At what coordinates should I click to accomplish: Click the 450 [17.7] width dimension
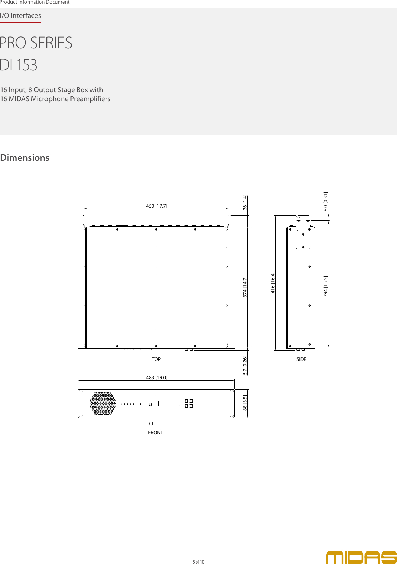(x=157, y=206)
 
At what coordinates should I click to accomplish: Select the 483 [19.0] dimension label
(x=157, y=377)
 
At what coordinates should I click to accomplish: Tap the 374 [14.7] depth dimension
(x=245, y=287)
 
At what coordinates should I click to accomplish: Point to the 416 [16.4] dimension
(x=273, y=283)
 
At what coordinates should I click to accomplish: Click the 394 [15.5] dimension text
(x=325, y=286)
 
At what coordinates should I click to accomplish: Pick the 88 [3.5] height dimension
(x=245, y=402)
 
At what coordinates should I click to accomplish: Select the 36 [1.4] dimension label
(x=245, y=202)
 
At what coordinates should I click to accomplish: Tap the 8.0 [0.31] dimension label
(x=325, y=202)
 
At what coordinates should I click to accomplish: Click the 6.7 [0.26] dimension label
(x=245, y=365)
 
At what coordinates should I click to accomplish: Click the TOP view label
(x=156, y=359)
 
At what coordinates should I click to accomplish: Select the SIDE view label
(x=301, y=359)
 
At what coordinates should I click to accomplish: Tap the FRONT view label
(x=156, y=432)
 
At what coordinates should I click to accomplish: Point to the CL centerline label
(x=152, y=424)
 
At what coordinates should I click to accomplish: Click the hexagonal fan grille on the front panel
(x=103, y=404)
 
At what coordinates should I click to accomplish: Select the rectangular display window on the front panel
(x=169, y=404)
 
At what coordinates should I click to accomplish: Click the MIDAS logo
(x=361, y=557)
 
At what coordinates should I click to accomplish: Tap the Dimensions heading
(x=25, y=158)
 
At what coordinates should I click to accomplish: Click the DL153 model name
(x=19, y=65)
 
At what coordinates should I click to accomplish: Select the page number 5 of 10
(x=198, y=562)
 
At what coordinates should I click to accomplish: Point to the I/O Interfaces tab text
(x=20, y=15)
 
